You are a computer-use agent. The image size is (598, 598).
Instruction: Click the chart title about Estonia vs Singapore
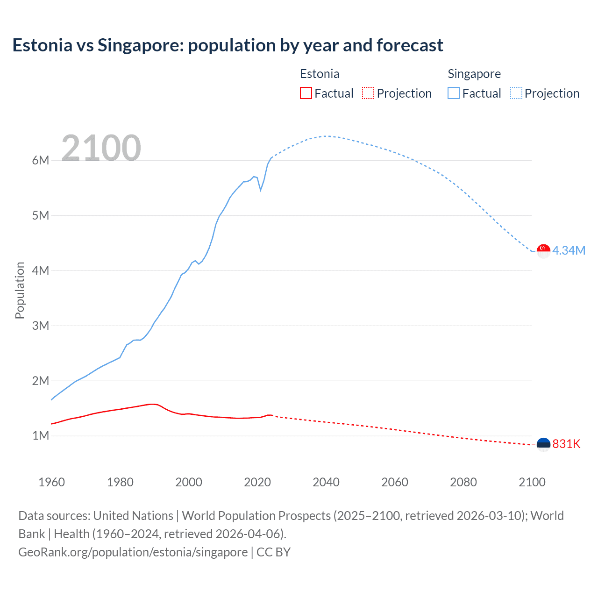pyautogui.click(x=228, y=45)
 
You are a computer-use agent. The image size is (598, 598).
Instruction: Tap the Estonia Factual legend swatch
pyautogui.click(x=306, y=93)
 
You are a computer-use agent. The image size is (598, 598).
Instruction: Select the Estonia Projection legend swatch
pyautogui.click(x=368, y=93)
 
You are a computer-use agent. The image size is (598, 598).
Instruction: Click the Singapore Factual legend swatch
pyautogui.click(x=453, y=93)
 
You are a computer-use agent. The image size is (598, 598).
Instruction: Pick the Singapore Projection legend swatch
pyautogui.click(x=516, y=93)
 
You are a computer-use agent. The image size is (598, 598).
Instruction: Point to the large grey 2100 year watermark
pyautogui.click(x=101, y=148)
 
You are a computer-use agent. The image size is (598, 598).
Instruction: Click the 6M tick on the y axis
pyautogui.click(x=41, y=160)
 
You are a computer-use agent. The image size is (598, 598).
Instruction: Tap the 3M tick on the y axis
pyautogui.click(x=41, y=326)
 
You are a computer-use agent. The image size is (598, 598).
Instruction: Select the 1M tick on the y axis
pyautogui.click(x=41, y=435)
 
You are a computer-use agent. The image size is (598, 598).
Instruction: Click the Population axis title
pyautogui.click(x=20, y=290)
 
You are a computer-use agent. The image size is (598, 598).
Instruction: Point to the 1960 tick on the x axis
pyautogui.click(x=51, y=482)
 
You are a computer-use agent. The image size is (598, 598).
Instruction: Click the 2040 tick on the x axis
pyautogui.click(x=326, y=482)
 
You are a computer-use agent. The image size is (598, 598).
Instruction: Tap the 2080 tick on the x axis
pyautogui.click(x=463, y=482)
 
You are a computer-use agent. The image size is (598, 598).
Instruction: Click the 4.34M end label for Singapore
pyautogui.click(x=569, y=250)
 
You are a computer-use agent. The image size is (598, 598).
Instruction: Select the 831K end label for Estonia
pyautogui.click(x=566, y=444)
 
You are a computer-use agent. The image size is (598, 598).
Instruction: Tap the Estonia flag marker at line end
pyautogui.click(x=543, y=444)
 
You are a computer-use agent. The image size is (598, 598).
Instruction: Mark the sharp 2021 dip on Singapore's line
pyautogui.click(x=261, y=190)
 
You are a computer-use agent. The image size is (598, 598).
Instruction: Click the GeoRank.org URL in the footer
pyautogui.click(x=133, y=552)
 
